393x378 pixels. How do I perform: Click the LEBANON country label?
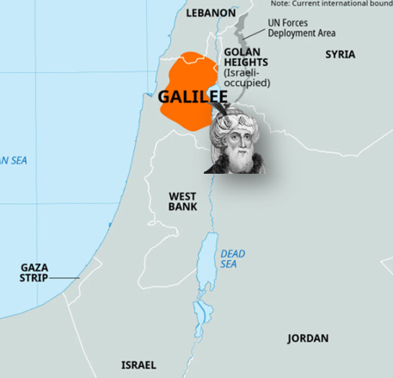coord(211,13)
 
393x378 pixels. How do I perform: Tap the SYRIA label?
coord(340,54)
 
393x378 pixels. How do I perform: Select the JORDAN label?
coord(307,338)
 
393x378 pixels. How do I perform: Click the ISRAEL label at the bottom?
coord(138,365)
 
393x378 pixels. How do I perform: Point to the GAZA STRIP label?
coord(34,273)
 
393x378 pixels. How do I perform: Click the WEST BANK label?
coord(182,201)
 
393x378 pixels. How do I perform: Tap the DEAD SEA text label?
coord(232,259)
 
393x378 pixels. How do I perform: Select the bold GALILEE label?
coord(192,96)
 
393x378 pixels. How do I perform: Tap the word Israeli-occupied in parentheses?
coord(247,77)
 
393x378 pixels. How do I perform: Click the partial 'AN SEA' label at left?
coord(13,160)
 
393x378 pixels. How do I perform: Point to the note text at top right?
coord(331,4)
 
